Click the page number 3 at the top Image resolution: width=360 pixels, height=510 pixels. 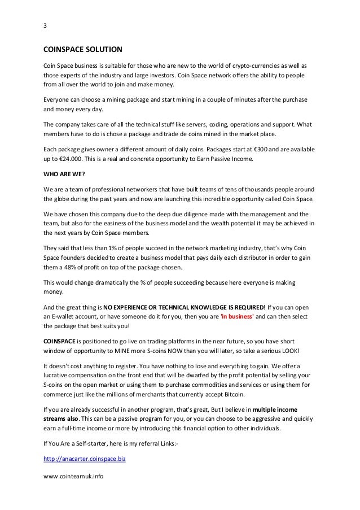[45, 26]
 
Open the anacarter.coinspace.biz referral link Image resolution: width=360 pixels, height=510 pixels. [84, 460]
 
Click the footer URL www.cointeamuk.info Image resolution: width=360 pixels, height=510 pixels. [73, 476]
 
